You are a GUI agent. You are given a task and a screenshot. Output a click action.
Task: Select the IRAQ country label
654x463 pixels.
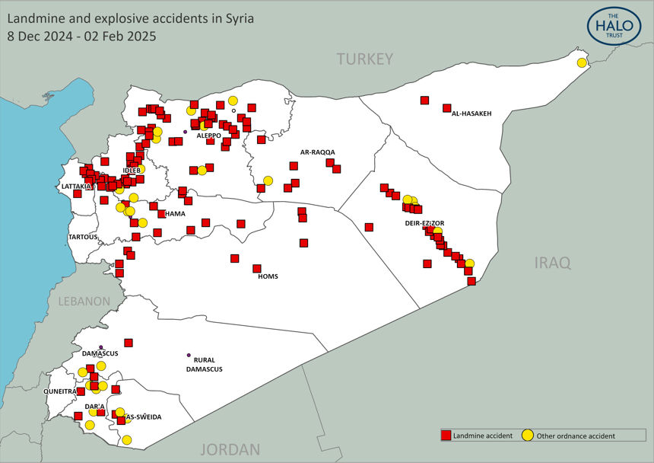coord(552,263)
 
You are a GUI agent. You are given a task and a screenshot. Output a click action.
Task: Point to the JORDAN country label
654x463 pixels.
coord(230,449)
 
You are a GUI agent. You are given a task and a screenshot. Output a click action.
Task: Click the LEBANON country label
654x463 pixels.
coord(84,301)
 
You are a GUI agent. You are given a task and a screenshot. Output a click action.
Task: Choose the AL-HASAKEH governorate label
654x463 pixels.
coord(471,113)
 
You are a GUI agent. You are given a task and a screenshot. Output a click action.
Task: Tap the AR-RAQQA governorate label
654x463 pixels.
coord(317,152)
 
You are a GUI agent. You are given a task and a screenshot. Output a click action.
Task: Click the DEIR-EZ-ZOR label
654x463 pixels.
coord(424,223)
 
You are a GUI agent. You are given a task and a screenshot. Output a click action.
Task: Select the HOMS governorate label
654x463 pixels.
coord(268,276)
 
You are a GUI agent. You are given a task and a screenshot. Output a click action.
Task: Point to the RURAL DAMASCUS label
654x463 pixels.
coord(204,364)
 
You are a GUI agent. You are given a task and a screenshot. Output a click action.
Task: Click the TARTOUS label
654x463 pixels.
coord(83,237)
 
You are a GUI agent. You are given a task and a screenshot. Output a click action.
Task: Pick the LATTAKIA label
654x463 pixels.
coord(76,186)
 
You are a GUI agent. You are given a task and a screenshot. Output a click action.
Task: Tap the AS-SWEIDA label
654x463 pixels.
coord(144,417)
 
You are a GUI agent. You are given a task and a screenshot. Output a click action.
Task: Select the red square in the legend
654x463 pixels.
coord(446,436)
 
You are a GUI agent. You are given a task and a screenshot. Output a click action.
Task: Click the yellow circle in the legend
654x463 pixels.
coord(528,436)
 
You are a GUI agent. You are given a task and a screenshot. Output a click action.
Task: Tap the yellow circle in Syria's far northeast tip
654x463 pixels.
coord(582,62)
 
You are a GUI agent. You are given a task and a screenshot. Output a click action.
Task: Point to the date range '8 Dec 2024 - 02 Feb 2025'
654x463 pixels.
coord(81,35)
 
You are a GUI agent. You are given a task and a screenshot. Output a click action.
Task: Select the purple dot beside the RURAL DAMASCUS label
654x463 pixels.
coord(189,355)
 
